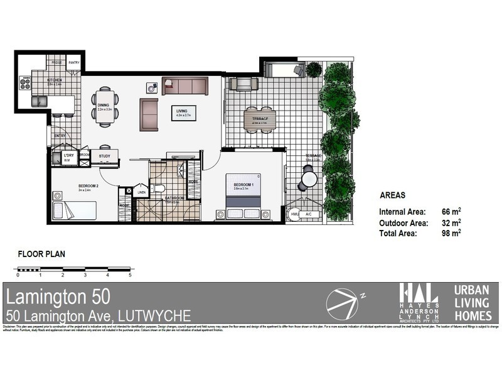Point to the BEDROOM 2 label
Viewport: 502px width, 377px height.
click(88, 187)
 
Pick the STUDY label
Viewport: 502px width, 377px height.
click(104, 156)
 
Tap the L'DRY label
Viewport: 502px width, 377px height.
click(69, 155)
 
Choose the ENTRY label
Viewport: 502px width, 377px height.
click(60, 135)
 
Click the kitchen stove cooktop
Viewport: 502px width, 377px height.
click(25, 82)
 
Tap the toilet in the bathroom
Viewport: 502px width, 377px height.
click(161, 188)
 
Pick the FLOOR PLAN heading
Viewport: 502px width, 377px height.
click(41, 254)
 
